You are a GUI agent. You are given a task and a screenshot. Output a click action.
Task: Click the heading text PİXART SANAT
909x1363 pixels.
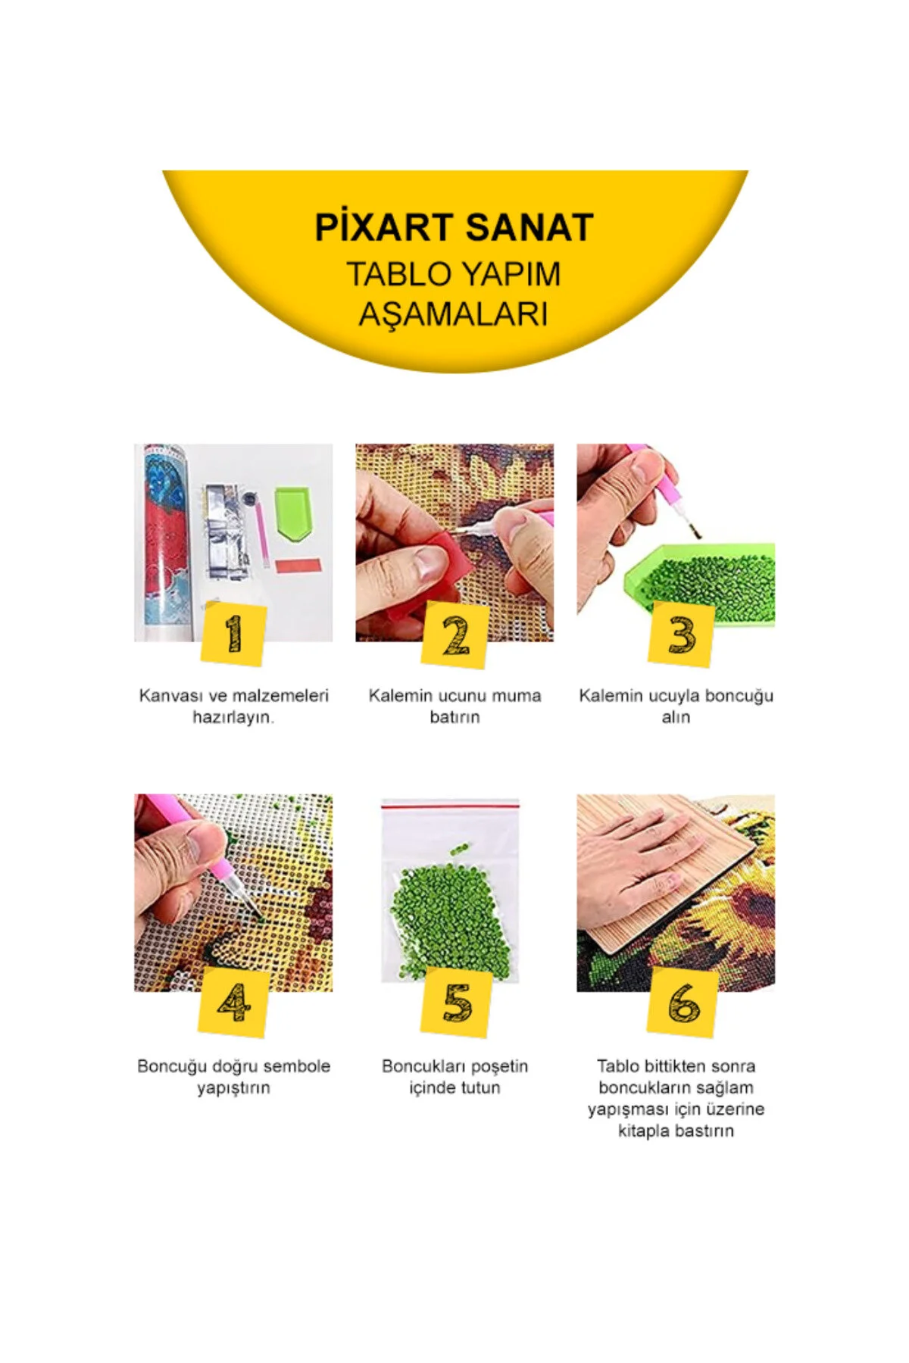pyautogui.click(x=454, y=227)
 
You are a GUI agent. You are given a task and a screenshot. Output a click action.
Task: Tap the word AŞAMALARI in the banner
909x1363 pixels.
pyautogui.click(x=454, y=314)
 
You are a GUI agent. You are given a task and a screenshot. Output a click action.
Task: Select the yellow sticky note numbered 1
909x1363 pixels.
pyautogui.click(x=234, y=635)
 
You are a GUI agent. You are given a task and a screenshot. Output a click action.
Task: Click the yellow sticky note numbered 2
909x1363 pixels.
pyautogui.click(x=455, y=635)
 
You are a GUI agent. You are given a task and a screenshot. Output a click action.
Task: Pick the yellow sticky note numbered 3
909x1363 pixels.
pyautogui.click(x=682, y=635)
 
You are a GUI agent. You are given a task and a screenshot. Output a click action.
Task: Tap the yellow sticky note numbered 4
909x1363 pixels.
pyautogui.click(x=234, y=1003)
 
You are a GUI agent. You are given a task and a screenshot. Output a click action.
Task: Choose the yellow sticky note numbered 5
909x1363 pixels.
pyautogui.click(x=457, y=1002)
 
